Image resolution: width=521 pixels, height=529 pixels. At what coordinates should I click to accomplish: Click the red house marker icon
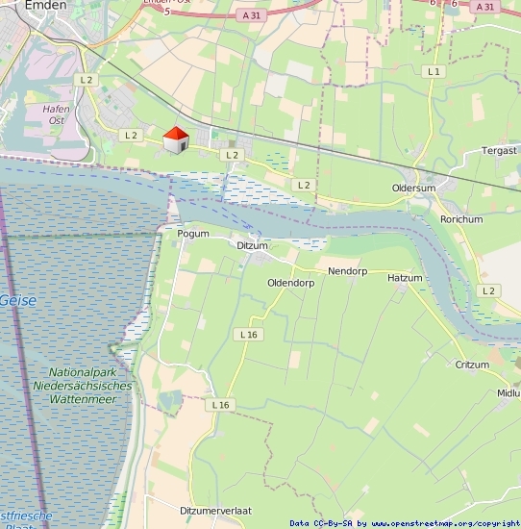pos(175,140)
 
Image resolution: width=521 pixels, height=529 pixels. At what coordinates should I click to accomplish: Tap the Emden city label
pos(45,6)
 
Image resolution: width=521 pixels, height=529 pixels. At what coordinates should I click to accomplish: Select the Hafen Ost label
pos(57,115)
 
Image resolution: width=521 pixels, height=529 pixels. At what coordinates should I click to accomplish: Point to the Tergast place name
pos(499,151)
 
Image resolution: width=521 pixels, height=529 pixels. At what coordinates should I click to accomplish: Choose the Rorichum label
pos(461,219)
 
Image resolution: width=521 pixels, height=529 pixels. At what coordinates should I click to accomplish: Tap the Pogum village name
pos(193,233)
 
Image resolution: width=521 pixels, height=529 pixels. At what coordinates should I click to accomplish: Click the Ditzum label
pos(253,246)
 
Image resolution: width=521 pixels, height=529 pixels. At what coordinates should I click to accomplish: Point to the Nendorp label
pos(348,271)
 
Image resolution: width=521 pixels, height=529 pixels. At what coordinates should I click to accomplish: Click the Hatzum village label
pos(405,278)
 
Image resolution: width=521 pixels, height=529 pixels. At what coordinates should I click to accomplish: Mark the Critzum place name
pos(472,365)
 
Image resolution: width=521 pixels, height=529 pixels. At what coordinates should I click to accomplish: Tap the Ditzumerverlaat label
pos(215,510)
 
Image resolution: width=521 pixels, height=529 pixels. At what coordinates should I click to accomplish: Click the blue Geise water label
pos(18,300)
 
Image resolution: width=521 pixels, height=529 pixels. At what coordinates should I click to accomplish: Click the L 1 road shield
pos(434,72)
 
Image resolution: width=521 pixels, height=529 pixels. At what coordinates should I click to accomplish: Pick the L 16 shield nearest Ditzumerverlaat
pos(220,405)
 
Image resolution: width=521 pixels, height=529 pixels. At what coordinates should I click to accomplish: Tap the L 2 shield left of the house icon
pos(132,136)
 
